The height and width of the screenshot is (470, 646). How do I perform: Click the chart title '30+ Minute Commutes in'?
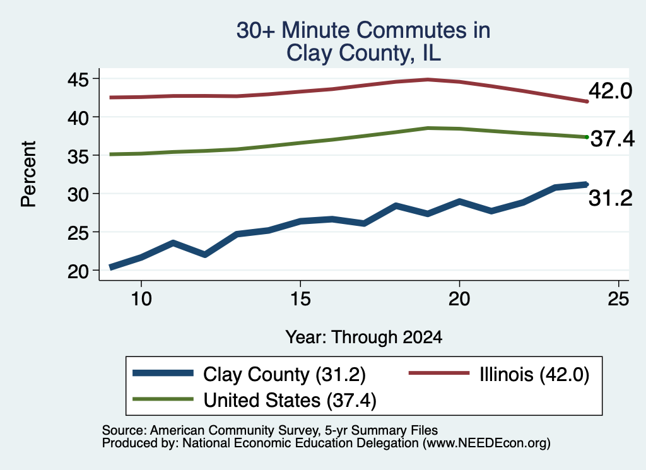[x=363, y=30]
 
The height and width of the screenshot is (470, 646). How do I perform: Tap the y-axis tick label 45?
[x=78, y=79]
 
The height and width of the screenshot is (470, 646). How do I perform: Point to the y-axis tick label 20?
[x=78, y=271]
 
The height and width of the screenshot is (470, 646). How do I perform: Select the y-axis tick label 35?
[x=78, y=156]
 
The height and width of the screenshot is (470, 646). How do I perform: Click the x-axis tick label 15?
[x=300, y=298]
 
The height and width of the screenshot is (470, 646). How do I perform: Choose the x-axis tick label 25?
[x=618, y=298]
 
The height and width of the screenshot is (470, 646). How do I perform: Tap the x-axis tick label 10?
[x=141, y=298]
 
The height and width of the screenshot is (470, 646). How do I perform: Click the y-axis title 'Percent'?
[x=28, y=174]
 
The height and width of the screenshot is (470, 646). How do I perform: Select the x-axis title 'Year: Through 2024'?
[x=364, y=337]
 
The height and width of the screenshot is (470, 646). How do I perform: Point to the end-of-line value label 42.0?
[x=610, y=91]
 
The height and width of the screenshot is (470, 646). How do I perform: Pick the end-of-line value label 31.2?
[x=610, y=198]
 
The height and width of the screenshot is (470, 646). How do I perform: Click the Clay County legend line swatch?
[x=163, y=373]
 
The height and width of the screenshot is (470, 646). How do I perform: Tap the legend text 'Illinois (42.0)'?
[x=534, y=375]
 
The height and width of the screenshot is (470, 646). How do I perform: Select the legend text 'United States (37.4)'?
[x=290, y=400]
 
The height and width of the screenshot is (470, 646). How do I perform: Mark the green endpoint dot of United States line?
[x=587, y=137]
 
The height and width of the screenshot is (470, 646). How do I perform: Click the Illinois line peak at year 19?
[x=428, y=79]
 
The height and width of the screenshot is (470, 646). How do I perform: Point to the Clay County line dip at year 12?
[x=205, y=255]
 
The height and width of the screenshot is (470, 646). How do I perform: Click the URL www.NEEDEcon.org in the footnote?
[x=485, y=443]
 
